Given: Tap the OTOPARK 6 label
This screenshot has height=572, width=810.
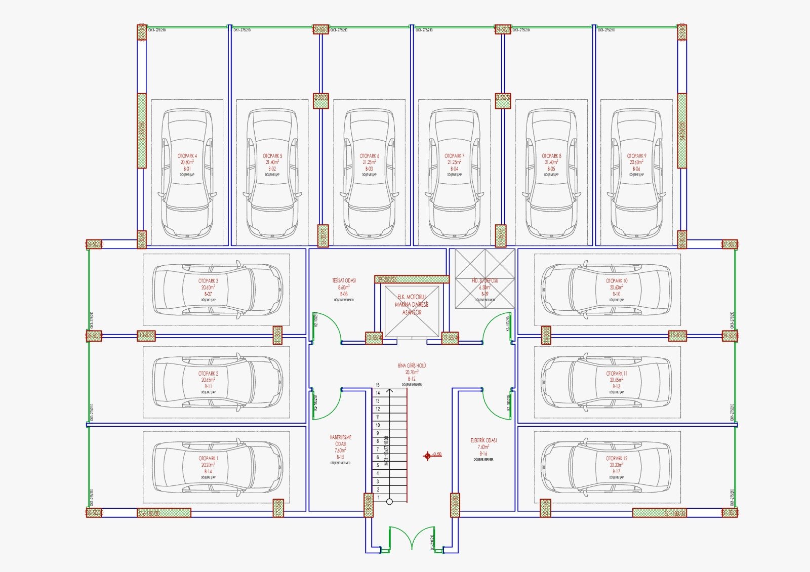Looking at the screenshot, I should (369, 156).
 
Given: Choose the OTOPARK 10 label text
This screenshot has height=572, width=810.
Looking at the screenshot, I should (617, 280).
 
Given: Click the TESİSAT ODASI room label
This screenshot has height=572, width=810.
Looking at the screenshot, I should (344, 280).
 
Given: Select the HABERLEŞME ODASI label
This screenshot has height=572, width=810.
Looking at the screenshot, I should (340, 440).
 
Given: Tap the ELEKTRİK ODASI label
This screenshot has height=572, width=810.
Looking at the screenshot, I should (483, 440).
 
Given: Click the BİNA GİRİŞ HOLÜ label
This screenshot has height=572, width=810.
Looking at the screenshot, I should (412, 365).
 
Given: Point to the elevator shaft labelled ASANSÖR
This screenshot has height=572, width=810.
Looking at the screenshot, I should (412, 312).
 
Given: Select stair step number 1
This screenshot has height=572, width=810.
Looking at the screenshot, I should (378, 498).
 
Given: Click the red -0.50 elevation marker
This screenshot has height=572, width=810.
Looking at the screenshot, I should (428, 456).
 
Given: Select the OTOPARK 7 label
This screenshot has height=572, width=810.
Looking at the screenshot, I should (454, 156).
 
